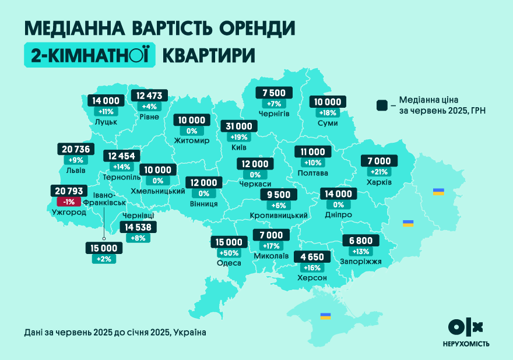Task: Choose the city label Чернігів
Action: (x=274, y=114)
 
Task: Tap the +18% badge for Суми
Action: (x=328, y=112)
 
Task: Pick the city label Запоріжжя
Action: (x=360, y=262)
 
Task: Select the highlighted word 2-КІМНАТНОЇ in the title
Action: (x=90, y=55)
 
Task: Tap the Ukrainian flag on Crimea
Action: (x=325, y=316)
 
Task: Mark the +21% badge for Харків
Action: (x=378, y=172)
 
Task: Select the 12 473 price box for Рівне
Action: (x=150, y=96)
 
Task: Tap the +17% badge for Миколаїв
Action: (x=271, y=246)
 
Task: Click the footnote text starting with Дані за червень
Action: (x=115, y=332)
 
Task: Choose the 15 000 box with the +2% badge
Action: (x=104, y=248)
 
